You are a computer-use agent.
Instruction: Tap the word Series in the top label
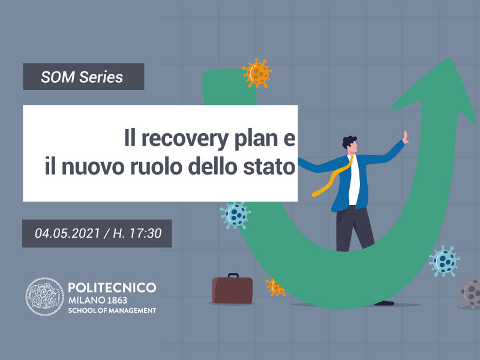[101, 77]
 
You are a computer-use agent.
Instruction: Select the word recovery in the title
[185, 139]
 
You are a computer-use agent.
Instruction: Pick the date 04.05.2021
[67, 233]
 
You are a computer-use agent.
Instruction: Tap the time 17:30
[145, 233]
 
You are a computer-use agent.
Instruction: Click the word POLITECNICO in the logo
[112, 287]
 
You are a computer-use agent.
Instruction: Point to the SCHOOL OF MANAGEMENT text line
[112, 310]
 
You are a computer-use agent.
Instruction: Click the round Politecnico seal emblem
[44, 296]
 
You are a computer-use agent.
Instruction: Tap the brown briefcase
[232, 289]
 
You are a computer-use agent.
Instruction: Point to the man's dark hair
[349, 142]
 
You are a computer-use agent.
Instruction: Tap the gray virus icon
[469, 293]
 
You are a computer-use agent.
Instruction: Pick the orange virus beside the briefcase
[275, 287]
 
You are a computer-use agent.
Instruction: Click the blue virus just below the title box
[235, 215]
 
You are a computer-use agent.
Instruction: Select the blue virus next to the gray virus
[444, 261]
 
